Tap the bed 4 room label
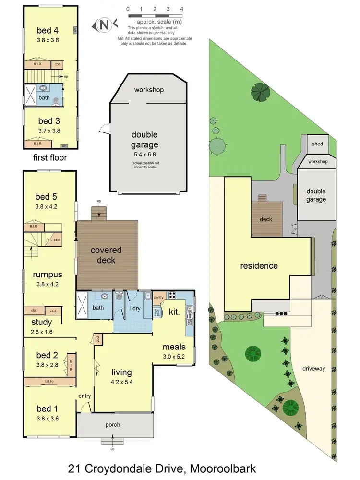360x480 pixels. tap(47, 31)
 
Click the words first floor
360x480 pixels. tap(50, 157)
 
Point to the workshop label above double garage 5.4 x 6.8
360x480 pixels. tap(149, 90)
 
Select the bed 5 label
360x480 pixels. tap(46, 196)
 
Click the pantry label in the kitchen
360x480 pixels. tap(159, 298)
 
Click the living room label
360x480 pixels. tap(122, 372)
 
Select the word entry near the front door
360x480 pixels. tap(85, 396)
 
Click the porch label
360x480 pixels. tap(113, 425)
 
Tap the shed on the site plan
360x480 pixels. tap(317, 144)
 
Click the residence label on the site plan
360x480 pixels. tap(259, 265)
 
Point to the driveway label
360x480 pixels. tap(314, 369)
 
